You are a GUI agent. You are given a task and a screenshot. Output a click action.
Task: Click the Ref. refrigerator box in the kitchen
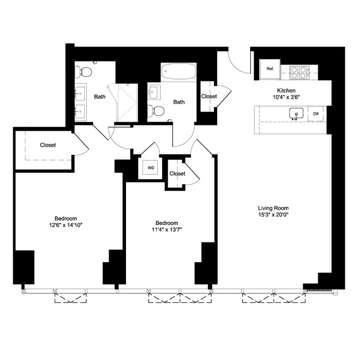pyautogui.click(x=270, y=69)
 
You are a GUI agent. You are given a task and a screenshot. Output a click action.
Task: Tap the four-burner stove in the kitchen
pyautogui.click(x=299, y=71)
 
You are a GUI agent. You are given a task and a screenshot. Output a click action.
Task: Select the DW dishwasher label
pyautogui.click(x=316, y=114)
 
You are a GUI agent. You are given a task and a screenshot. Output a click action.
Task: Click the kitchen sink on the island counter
pyautogui.click(x=295, y=114)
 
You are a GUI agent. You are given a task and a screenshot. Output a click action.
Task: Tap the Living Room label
pyautogui.click(x=273, y=208)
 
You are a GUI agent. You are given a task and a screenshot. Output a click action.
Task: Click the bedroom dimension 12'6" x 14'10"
pyautogui.click(x=66, y=226)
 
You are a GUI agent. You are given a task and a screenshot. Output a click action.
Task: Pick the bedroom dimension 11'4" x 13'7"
pyautogui.click(x=166, y=230)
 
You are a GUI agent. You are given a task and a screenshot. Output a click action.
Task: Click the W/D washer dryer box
pyautogui.click(x=151, y=168)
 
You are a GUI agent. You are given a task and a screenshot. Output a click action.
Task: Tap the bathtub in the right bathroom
pyautogui.click(x=179, y=71)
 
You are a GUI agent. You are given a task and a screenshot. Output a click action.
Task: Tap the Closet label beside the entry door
pyautogui.click(x=209, y=96)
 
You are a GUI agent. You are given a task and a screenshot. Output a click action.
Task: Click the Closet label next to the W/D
pyautogui.click(x=177, y=174)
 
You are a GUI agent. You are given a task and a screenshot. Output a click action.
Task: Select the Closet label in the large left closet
pyautogui.click(x=48, y=145)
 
